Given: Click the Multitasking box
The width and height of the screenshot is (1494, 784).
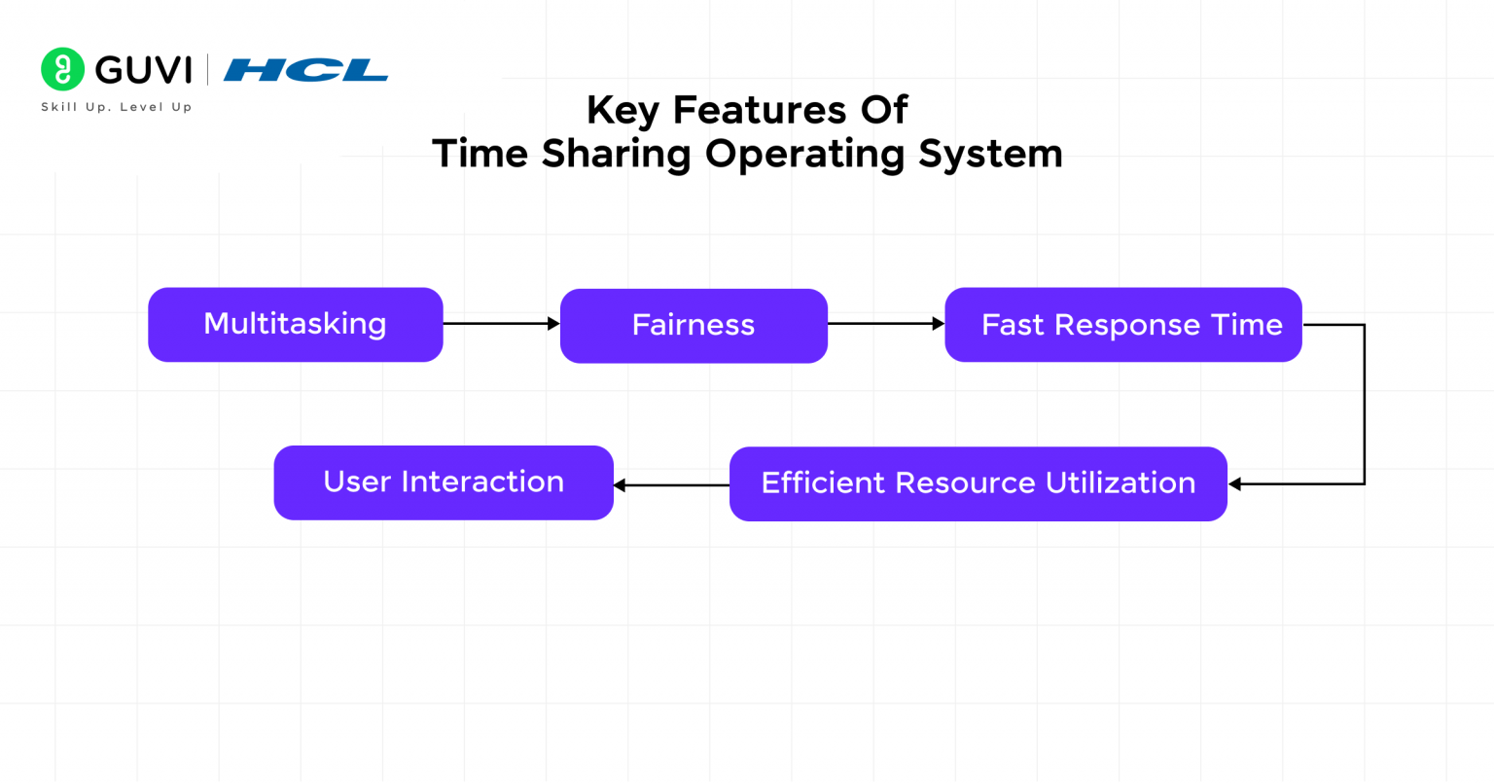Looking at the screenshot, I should (295, 324).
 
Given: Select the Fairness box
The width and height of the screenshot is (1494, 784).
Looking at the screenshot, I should (694, 325).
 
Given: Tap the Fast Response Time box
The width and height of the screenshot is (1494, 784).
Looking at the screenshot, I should (1122, 325).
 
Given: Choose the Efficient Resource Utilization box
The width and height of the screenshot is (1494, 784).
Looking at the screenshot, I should (978, 483).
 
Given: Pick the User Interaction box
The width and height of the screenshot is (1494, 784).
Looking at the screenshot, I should (444, 482).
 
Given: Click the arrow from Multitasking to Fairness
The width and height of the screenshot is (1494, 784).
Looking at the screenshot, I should (501, 323).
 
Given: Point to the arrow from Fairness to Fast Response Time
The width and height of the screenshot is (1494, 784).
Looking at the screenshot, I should (885, 323).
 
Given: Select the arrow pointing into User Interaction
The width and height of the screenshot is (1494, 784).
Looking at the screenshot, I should (671, 484).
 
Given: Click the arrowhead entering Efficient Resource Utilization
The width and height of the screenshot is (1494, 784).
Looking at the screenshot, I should (1235, 483).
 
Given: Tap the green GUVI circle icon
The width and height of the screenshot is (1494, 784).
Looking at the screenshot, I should (62, 69).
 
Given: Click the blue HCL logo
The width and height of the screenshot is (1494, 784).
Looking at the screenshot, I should (305, 70).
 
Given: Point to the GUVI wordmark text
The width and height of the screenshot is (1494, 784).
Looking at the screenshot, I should (144, 70).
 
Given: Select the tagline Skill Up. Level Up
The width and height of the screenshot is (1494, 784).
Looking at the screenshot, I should (117, 107).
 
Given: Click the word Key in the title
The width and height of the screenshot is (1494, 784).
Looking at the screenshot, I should (622, 111).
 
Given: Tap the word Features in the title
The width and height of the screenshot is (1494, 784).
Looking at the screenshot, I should (760, 110).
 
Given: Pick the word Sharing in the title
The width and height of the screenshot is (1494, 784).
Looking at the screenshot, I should (616, 154).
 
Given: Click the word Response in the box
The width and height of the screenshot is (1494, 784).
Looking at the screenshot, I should (1127, 325).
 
